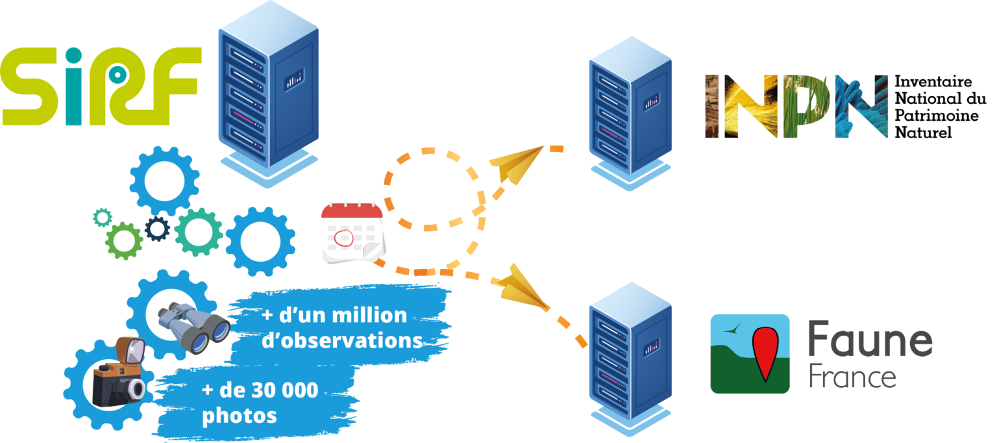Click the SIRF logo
[101, 86]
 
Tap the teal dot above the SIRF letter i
[73, 56]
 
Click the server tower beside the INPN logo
[630, 114]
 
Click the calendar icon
[353, 233]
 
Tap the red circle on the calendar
[343, 238]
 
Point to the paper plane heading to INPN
[516, 163]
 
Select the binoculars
[194, 327]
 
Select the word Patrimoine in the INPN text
[937, 116]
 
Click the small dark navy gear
[158, 229]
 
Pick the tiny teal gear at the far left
[103, 218]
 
